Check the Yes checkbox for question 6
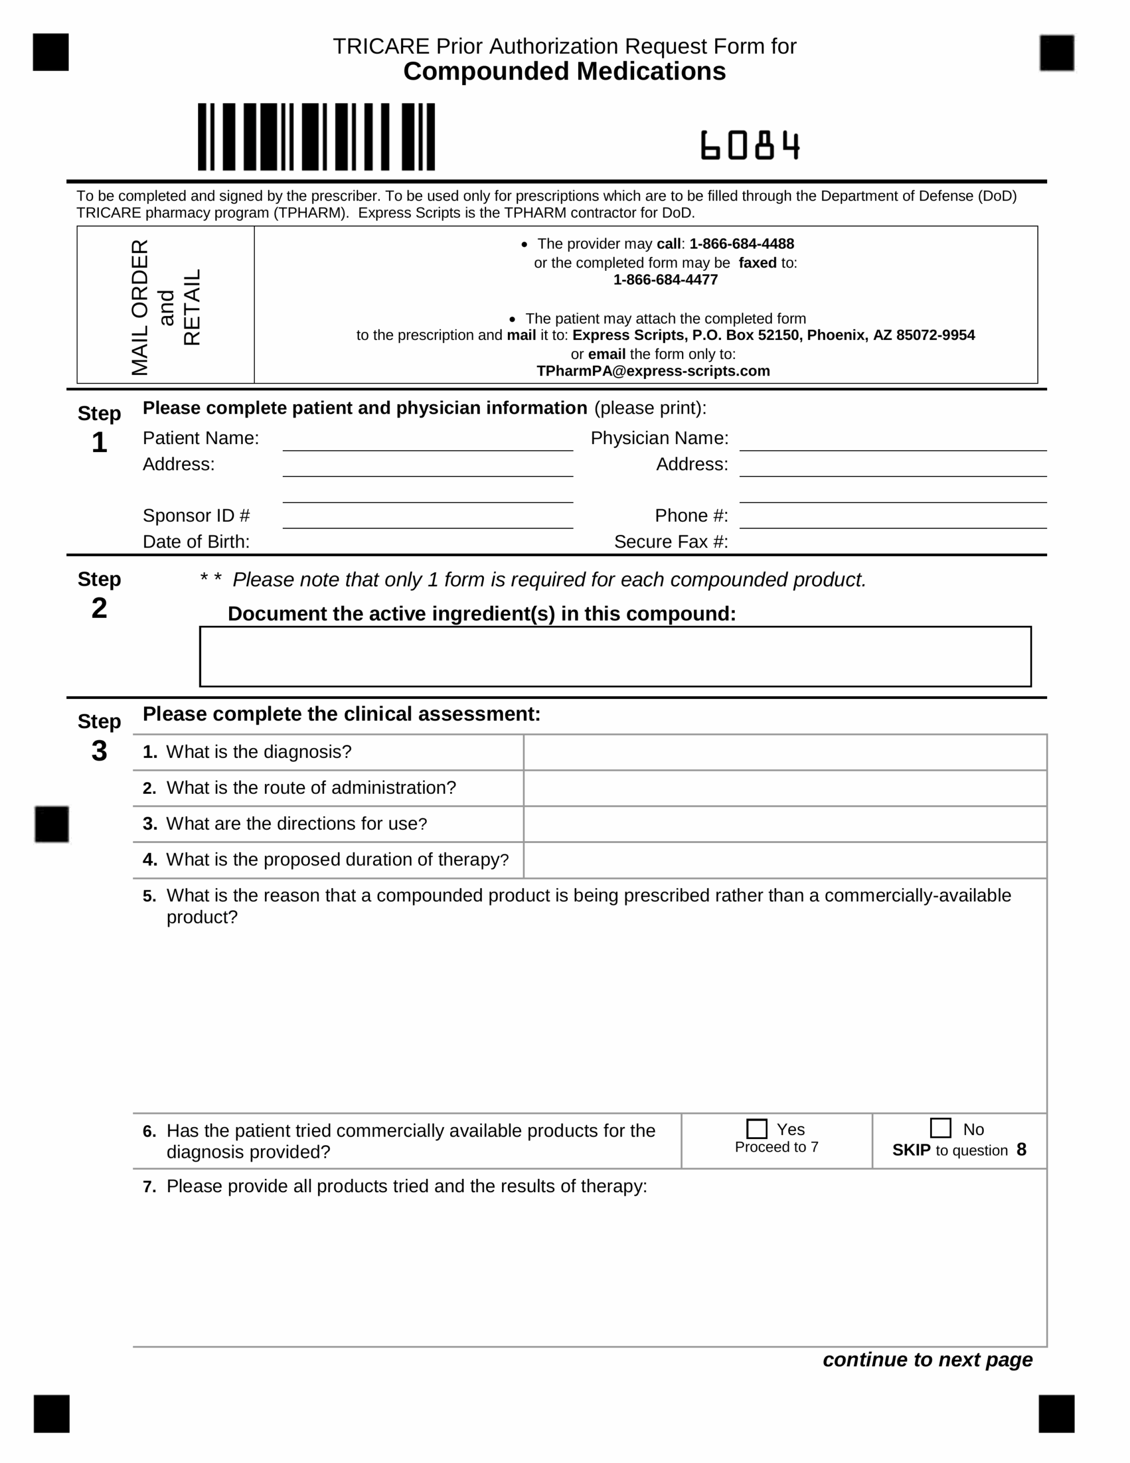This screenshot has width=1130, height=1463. point(756,1129)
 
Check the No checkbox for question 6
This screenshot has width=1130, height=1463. point(940,1128)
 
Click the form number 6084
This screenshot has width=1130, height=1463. point(750,145)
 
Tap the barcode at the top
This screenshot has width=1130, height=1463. point(316,137)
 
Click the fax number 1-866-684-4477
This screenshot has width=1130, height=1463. point(665,280)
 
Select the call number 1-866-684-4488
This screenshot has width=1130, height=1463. point(742,244)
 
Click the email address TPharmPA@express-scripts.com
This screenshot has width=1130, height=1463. point(653,371)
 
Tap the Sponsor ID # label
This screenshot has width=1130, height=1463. point(197,516)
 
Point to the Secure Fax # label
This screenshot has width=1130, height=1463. point(671,542)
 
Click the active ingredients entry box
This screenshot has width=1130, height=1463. point(615,657)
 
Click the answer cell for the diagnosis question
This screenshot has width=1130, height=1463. point(784,752)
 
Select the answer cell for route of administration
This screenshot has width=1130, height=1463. point(784,789)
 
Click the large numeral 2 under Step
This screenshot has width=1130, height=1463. point(99,608)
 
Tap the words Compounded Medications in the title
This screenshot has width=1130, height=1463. point(564,71)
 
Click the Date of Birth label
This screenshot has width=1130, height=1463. point(197,542)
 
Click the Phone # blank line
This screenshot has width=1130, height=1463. point(892,520)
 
